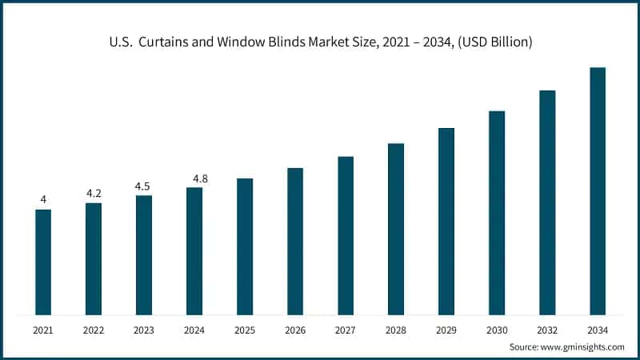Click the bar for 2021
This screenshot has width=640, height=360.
tap(43, 262)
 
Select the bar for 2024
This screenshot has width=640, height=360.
tap(194, 251)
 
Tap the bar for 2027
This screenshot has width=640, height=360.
tap(346, 235)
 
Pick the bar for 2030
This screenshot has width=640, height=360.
tap(497, 213)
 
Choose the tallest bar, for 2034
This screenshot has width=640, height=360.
tap(598, 191)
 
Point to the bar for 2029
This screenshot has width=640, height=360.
tap(446, 221)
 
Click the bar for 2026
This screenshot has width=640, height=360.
tap(295, 241)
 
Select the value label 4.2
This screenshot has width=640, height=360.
tap(94, 193)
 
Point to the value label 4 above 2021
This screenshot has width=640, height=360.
tap(43, 199)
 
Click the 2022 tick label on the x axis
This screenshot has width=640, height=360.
tap(94, 330)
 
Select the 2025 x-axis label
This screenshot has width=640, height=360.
tap(245, 330)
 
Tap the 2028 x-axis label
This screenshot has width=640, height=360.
tap(396, 330)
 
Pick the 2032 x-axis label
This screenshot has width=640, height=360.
tap(547, 330)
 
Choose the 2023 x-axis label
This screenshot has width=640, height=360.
tap(144, 330)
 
